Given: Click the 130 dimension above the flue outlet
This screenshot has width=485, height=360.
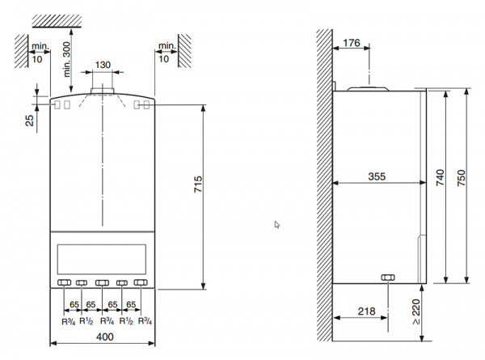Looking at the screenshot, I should tap(103, 63).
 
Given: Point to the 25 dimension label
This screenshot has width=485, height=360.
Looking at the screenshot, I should tap(30, 121).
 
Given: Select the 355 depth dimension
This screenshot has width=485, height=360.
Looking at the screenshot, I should tap(375, 174).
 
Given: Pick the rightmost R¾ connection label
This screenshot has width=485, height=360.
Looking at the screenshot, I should tap(144, 320).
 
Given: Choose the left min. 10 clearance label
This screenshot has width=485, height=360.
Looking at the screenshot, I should tap(37, 53).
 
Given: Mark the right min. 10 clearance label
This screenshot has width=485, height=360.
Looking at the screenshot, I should tap(167, 53).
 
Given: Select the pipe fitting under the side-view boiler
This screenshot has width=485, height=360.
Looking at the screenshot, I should tap(387, 278).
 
